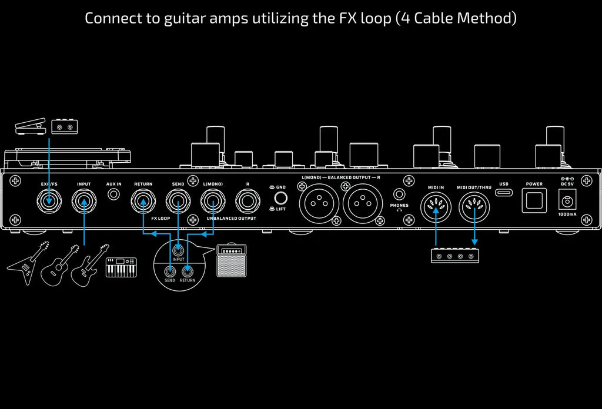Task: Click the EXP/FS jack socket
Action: pos(49,201)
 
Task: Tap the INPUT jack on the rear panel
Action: pos(83,201)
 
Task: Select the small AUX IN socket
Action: pos(113,194)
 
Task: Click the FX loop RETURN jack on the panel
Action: pos(143,201)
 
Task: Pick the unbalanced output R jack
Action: pos(248,201)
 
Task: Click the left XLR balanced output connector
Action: pos(319,203)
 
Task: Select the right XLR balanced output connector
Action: pos(362,203)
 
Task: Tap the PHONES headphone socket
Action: pos(399,194)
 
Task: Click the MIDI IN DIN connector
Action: pos(436,207)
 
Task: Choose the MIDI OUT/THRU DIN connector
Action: pos(474,207)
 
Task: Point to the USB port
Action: pos(504,192)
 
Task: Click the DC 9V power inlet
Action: pos(567,200)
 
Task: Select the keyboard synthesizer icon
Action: pos(121,267)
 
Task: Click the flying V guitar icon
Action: pos(28,263)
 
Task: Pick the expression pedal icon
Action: pos(31,126)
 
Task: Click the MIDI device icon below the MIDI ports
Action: pos(455,256)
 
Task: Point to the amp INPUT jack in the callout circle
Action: pos(178,251)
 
